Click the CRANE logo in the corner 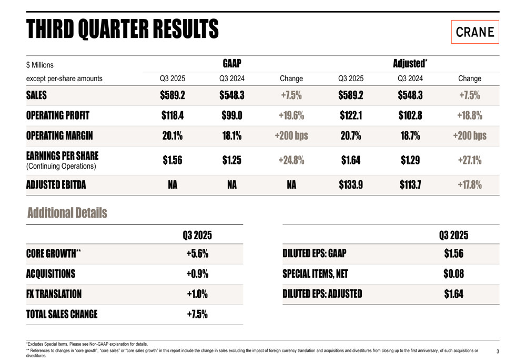pyautogui.click(x=474, y=32)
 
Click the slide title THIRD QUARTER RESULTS pyautogui.click(x=123, y=29)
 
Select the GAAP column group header pyautogui.click(x=231, y=64)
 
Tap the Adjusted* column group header pyautogui.click(x=410, y=64)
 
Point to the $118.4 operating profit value pyautogui.click(x=173, y=115)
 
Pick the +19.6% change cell pyautogui.click(x=291, y=115)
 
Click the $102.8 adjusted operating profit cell pyautogui.click(x=410, y=115)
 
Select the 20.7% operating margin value pyautogui.click(x=351, y=135)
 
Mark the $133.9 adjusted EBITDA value pyautogui.click(x=351, y=185)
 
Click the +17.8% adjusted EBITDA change pyautogui.click(x=469, y=185)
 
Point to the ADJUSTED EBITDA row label pyautogui.click(x=56, y=185)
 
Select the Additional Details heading pyautogui.click(x=67, y=213)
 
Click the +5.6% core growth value pyautogui.click(x=197, y=253)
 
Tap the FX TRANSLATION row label pyautogui.click(x=54, y=294)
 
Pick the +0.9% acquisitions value pyautogui.click(x=197, y=274)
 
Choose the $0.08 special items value pyautogui.click(x=453, y=274)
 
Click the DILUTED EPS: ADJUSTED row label pyautogui.click(x=322, y=294)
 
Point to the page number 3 pyautogui.click(x=498, y=352)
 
